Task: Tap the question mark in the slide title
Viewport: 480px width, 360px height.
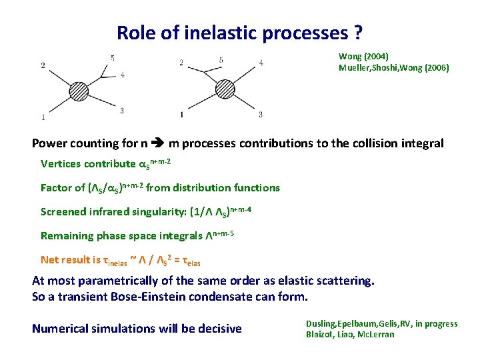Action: tap(358, 32)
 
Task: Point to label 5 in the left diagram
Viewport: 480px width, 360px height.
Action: tap(113, 57)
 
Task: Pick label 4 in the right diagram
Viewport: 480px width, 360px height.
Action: tap(261, 63)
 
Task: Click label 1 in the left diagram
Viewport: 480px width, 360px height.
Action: tap(43, 118)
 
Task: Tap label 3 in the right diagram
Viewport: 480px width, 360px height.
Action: tap(260, 115)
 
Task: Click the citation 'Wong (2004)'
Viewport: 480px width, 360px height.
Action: tap(363, 57)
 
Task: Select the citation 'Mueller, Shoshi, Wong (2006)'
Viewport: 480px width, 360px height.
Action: tap(393, 67)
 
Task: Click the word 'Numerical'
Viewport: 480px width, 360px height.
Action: tap(61, 328)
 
